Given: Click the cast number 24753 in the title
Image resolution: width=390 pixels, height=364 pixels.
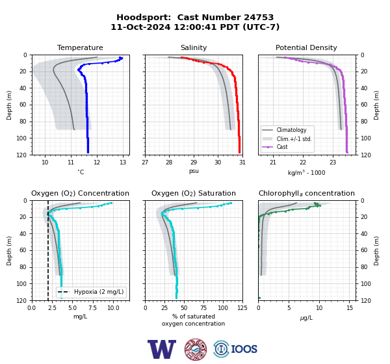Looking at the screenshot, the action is pyautogui.click(x=259, y=18).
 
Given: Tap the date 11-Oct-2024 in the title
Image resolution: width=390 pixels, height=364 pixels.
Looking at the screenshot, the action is pyautogui.click(x=140, y=27).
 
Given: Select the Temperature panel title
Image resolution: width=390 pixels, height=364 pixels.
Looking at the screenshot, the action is pyautogui.click(x=80, y=47).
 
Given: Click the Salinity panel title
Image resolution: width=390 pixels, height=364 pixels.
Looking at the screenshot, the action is pyautogui.click(x=194, y=47).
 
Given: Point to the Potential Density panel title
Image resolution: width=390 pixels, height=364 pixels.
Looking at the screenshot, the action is pyautogui.click(x=306, y=47).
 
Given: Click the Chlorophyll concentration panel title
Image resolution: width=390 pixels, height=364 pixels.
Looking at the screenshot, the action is pyautogui.click(x=307, y=193).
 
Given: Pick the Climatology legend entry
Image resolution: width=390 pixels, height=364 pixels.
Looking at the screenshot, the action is pyautogui.click(x=291, y=130).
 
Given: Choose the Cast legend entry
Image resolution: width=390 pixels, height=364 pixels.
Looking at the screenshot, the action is pyautogui.click(x=282, y=147).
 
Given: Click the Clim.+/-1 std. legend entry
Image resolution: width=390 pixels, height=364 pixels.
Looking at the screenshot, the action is pyautogui.click(x=294, y=139).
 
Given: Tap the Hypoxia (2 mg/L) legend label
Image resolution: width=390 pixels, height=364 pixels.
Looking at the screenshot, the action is pyautogui.click(x=99, y=292).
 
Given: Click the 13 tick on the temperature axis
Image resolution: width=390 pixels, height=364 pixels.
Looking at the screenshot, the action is pyautogui.click(x=123, y=162).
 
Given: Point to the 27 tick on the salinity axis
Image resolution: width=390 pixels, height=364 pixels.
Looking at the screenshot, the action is pyautogui.click(x=145, y=162).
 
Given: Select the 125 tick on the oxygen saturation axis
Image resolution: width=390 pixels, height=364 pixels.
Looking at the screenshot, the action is pyautogui.click(x=242, y=308).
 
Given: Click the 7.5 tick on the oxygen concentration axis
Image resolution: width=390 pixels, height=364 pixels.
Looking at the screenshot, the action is pyautogui.click(x=93, y=308).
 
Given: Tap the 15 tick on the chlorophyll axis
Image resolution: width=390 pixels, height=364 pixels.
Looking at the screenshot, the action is pyautogui.click(x=350, y=308).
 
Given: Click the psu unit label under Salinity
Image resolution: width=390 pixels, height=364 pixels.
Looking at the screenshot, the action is pyautogui.click(x=194, y=171).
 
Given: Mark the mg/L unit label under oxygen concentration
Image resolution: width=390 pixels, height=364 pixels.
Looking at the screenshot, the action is pyautogui.click(x=80, y=317).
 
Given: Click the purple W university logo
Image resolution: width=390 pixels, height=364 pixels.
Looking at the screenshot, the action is pyautogui.click(x=162, y=349).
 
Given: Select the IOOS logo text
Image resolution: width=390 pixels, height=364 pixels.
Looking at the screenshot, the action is pyautogui.click(x=244, y=349).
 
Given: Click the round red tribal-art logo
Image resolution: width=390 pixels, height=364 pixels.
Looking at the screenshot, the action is pyautogui.click(x=196, y=349).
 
